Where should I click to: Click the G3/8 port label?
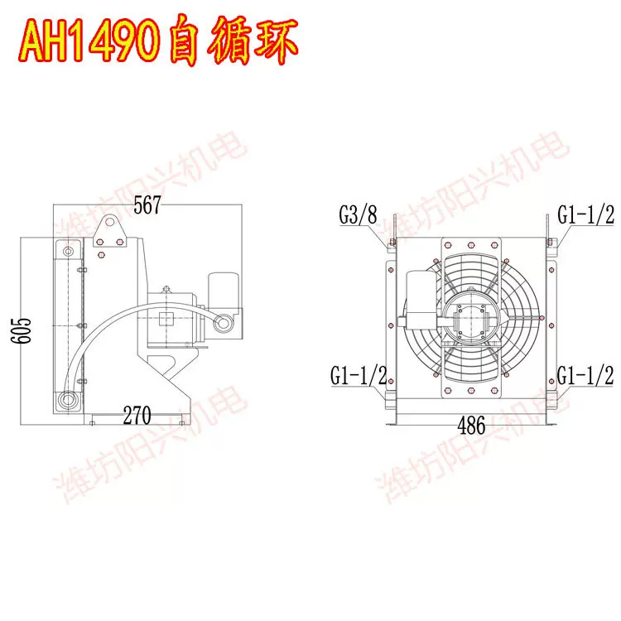(358, 216)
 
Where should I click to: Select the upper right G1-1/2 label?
(585, 215)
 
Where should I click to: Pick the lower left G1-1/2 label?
(359, 375)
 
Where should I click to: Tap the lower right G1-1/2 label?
(585, 375)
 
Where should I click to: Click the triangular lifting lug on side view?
(108, 229)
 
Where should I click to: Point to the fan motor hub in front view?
(469, 319)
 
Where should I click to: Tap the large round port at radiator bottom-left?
(66, 402)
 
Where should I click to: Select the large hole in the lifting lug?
(108, 222)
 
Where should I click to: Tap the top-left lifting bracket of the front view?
(395, 226)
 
